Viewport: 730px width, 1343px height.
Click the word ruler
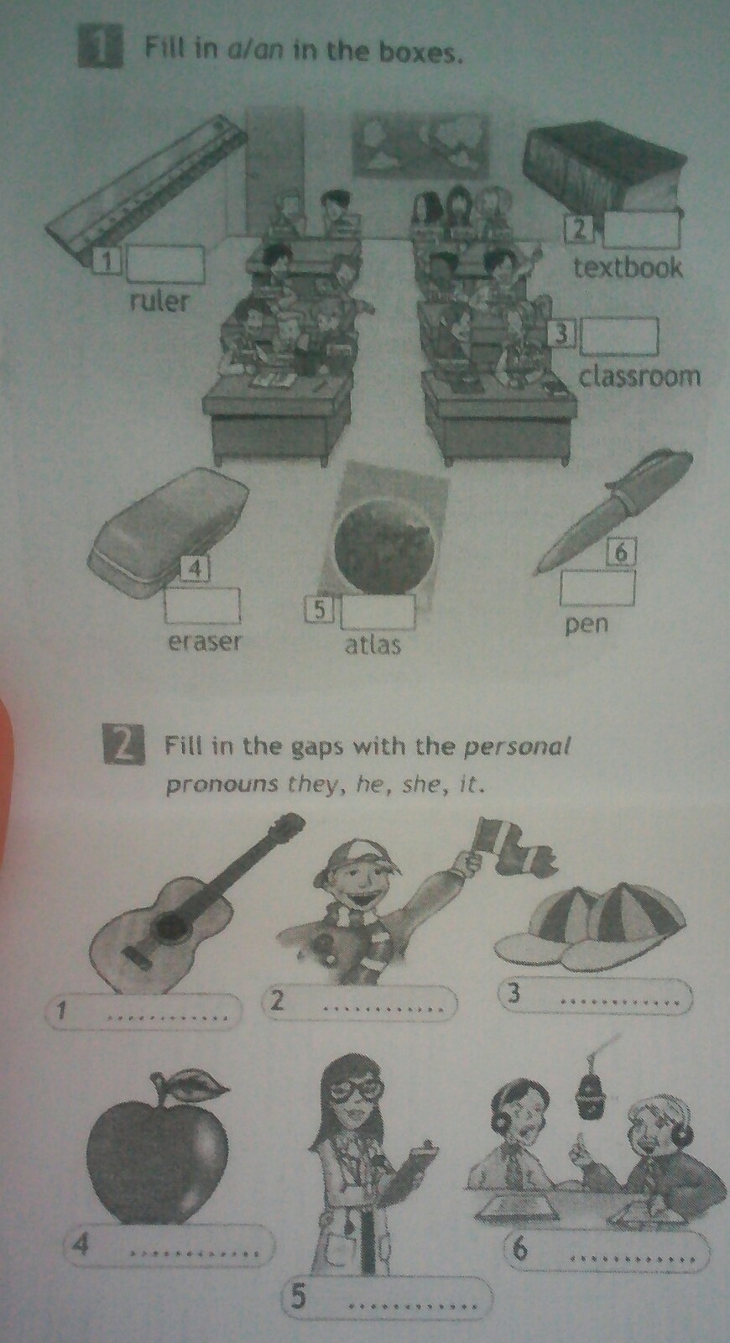[x=159, y=301]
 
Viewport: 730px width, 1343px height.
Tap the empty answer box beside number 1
[x=165, y=264]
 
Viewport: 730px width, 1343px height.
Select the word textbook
[x=628, y=268]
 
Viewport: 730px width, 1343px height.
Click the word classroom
[x=639, y=377]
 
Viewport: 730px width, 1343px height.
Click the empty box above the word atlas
[x=378, y=612]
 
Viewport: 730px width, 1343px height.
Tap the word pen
[x=587, y=625]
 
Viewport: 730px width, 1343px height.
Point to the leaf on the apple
[x=193, y=1084]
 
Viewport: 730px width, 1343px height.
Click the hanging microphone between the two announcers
[x=592, y=1095]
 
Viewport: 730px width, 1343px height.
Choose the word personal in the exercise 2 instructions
[x=517, y=747]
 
